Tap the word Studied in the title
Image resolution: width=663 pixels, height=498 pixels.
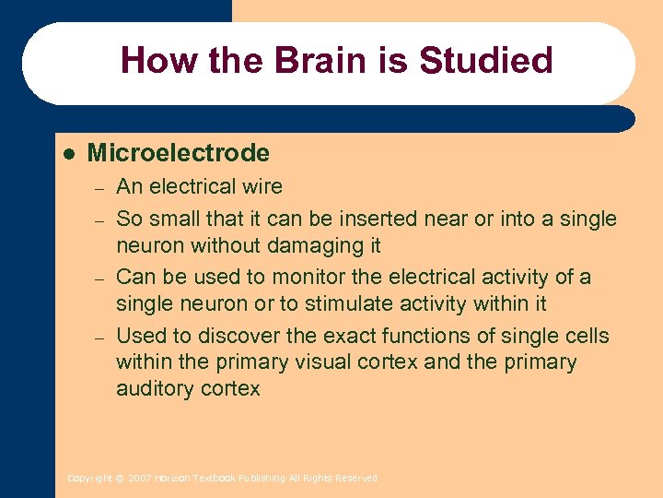pyautogui.click(x=485, y=62)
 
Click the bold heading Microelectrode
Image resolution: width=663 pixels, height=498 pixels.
pyautogui.click(x=178, y=153)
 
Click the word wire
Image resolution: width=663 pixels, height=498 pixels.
pyautogui.click(x=262, y=187)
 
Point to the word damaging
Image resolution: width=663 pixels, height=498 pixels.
pyautogui.click(x=306, y=246)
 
